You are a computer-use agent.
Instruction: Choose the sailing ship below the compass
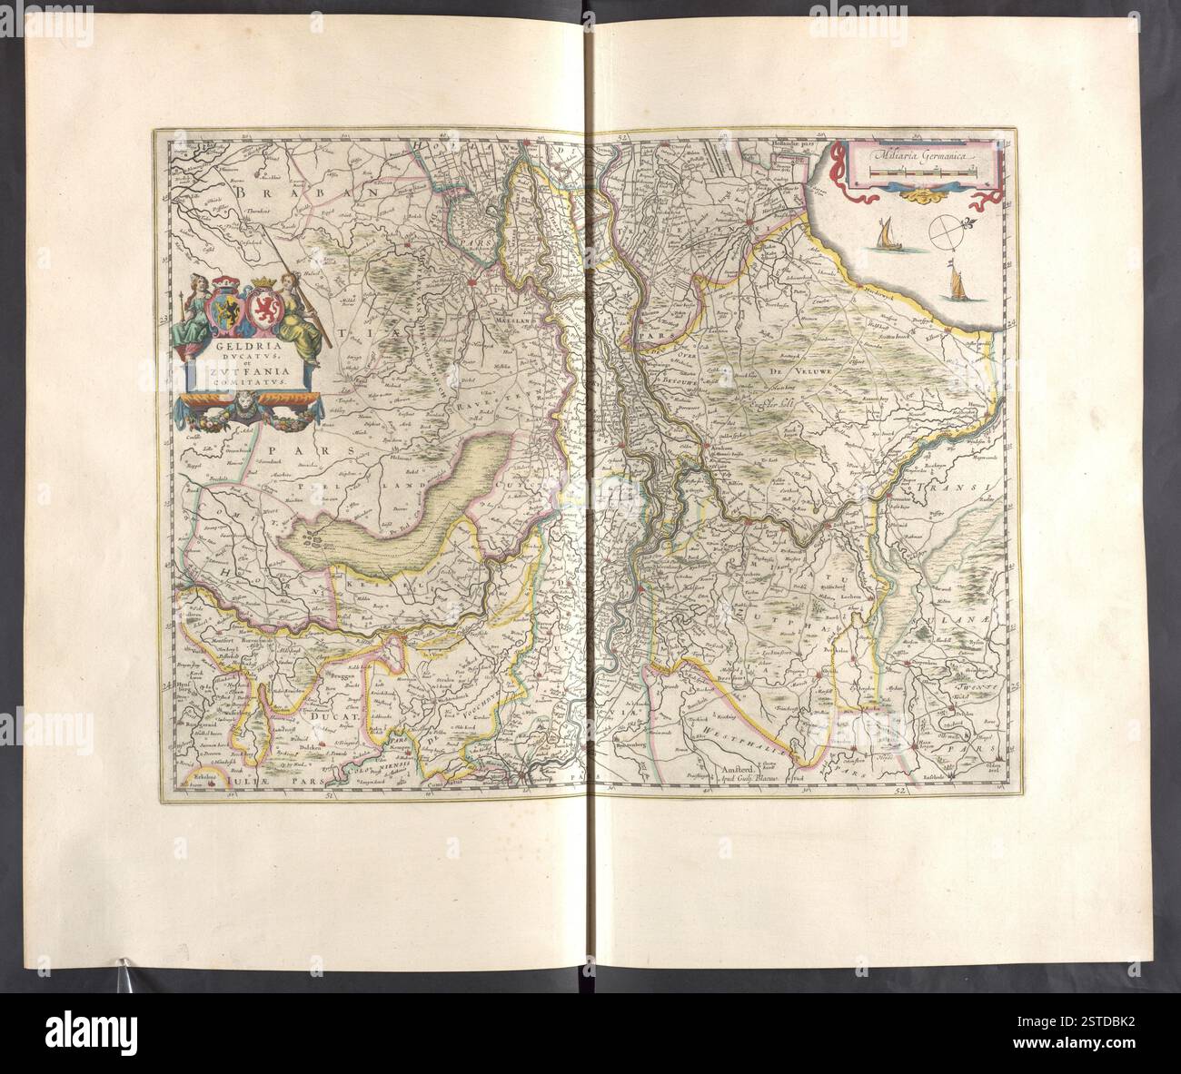coord(953,283)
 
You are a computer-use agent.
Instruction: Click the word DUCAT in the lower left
coord(332,715)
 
